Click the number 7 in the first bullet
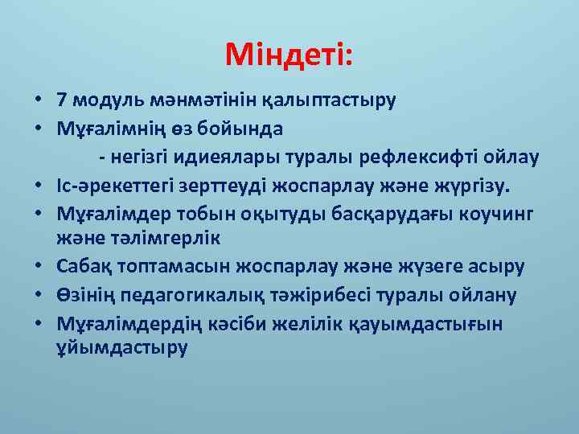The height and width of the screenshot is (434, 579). coord(62,100)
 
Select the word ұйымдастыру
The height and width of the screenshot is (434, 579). coord(121,349)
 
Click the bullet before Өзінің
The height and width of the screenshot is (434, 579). coord(38,295)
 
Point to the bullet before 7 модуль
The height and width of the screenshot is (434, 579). coord(38,101)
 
